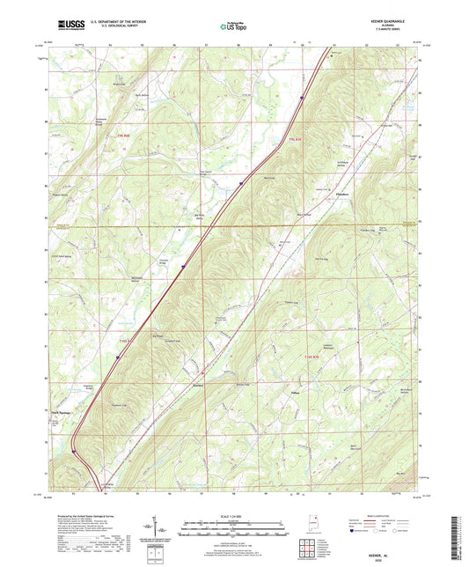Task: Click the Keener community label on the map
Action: point(197,385)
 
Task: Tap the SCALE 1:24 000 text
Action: point(234,515)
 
